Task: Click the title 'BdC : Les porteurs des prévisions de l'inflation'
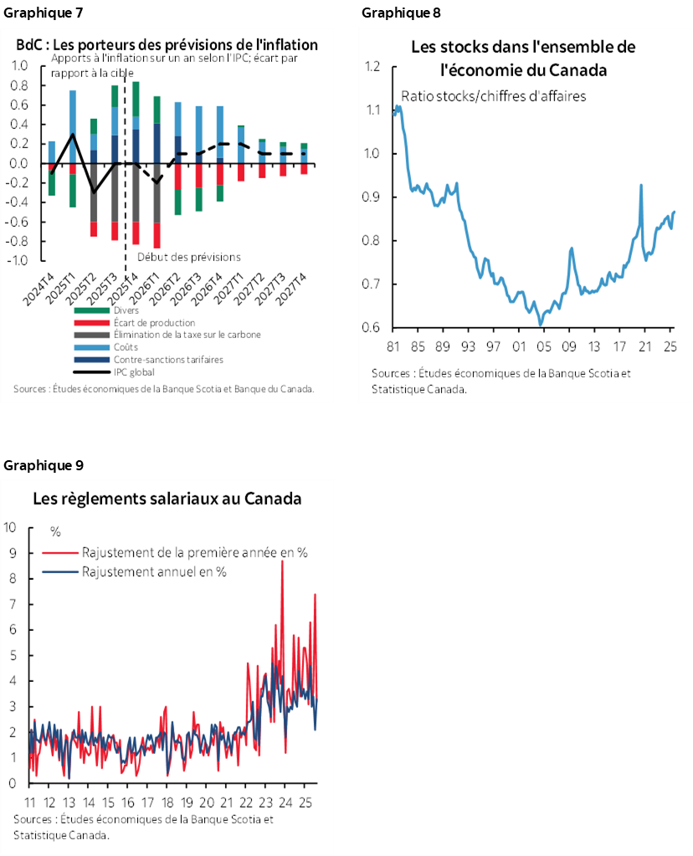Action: (167, 44)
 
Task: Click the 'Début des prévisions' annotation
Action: (188, 257)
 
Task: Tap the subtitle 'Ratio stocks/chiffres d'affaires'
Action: (494, 95)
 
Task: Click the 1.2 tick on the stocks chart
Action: (372, 67)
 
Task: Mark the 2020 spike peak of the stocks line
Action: (641, 185)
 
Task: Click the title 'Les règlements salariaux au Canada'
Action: (167, 500)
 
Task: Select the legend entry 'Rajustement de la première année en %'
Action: (194, 552)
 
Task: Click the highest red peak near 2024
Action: (282, 561)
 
